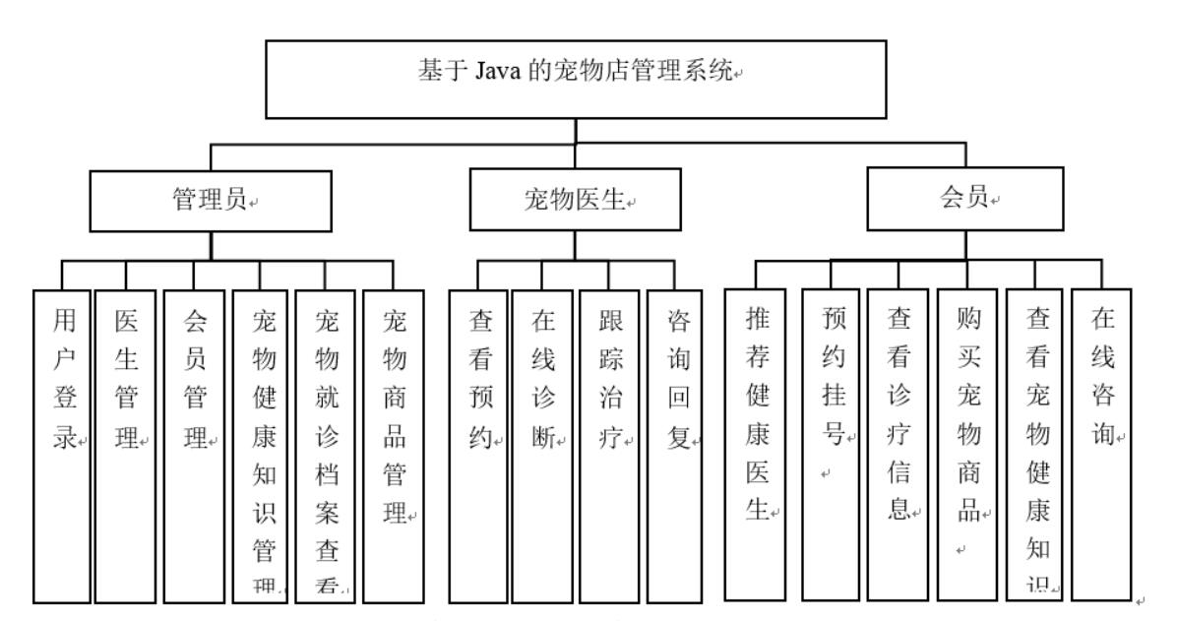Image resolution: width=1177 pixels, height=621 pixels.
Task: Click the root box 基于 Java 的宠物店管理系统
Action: [577, 79]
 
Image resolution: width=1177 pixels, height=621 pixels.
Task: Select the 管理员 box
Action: [213, 202]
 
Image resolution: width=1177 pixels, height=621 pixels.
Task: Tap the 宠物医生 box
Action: [576, 202]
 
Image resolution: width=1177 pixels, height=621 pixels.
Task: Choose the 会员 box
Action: [964, 199]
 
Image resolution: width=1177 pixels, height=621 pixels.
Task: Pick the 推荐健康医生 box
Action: [755, 443]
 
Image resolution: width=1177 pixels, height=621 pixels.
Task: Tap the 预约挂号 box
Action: [831, 443]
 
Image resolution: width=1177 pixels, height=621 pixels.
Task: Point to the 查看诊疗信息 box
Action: [898, 443]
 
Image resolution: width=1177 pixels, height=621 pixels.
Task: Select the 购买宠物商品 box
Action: [966, 443]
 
